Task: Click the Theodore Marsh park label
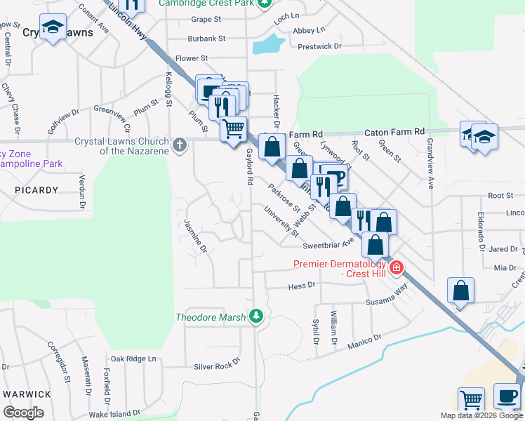click(x=211, y=317)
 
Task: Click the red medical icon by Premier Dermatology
click(x=397, y=267)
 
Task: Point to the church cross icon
click(x=180, y=145)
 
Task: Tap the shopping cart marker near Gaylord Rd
click(x=233, y=128)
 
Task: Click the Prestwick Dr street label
click(x=319, y=46)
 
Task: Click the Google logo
click(x=24, y=413)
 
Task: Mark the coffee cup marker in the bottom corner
click(x=507, y=396)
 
